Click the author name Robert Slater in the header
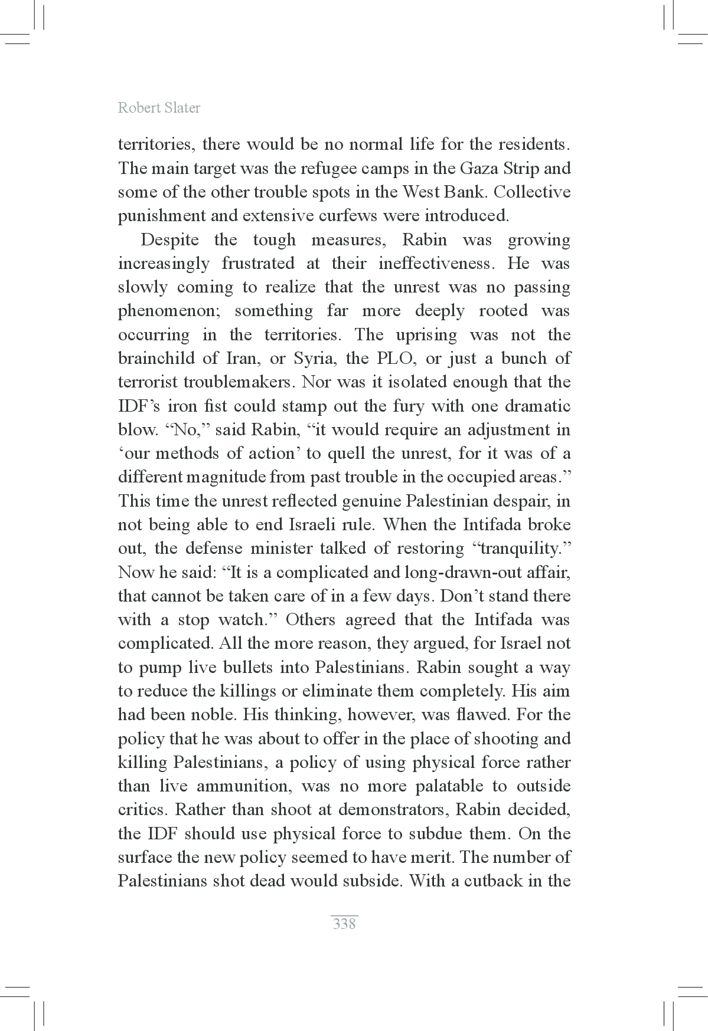[x=159, y=107]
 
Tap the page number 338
[x=344, y=923]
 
